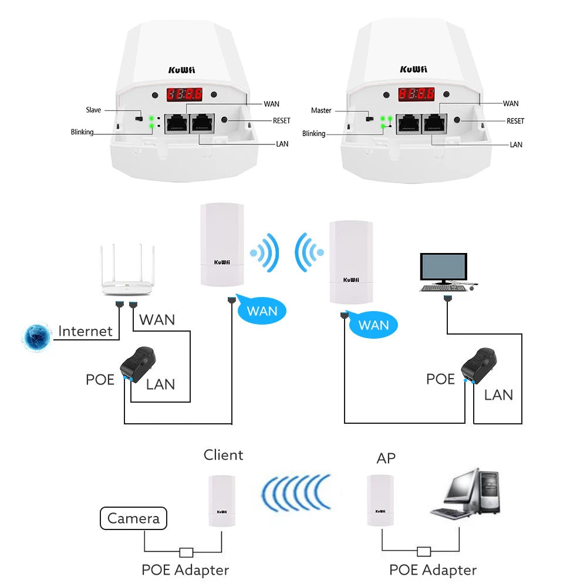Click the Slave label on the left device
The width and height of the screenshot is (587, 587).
pyautogui.click(x=93, y=110)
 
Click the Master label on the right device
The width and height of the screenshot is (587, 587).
pyautogui.click(x=321, y=110)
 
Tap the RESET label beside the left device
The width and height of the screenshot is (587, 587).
pyautogui.click(x=281, y=120)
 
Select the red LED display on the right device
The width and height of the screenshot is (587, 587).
pyautogui.click(x=416, y=94)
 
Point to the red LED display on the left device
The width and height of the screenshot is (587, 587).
pyautogui.click(x=185, y=94)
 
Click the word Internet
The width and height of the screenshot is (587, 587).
pyautogui.click(x=86, y=331)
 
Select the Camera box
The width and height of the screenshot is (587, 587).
pyautogui.click(x=134, y=518)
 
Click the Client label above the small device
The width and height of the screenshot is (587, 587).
pyautogui.click(x=223, y=455)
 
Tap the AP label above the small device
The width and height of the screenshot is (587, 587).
pyautogui.click(x=386, y=458)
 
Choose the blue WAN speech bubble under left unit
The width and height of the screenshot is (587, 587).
pyautogui.click(x=261, y=310)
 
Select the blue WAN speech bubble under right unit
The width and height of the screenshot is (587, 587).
pyautogui.click(x=373, y=325)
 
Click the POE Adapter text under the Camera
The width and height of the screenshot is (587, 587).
pyautogui.click(x=185, y=569)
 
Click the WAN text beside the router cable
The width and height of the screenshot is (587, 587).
pyautogui.click(x=157, y=320)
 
